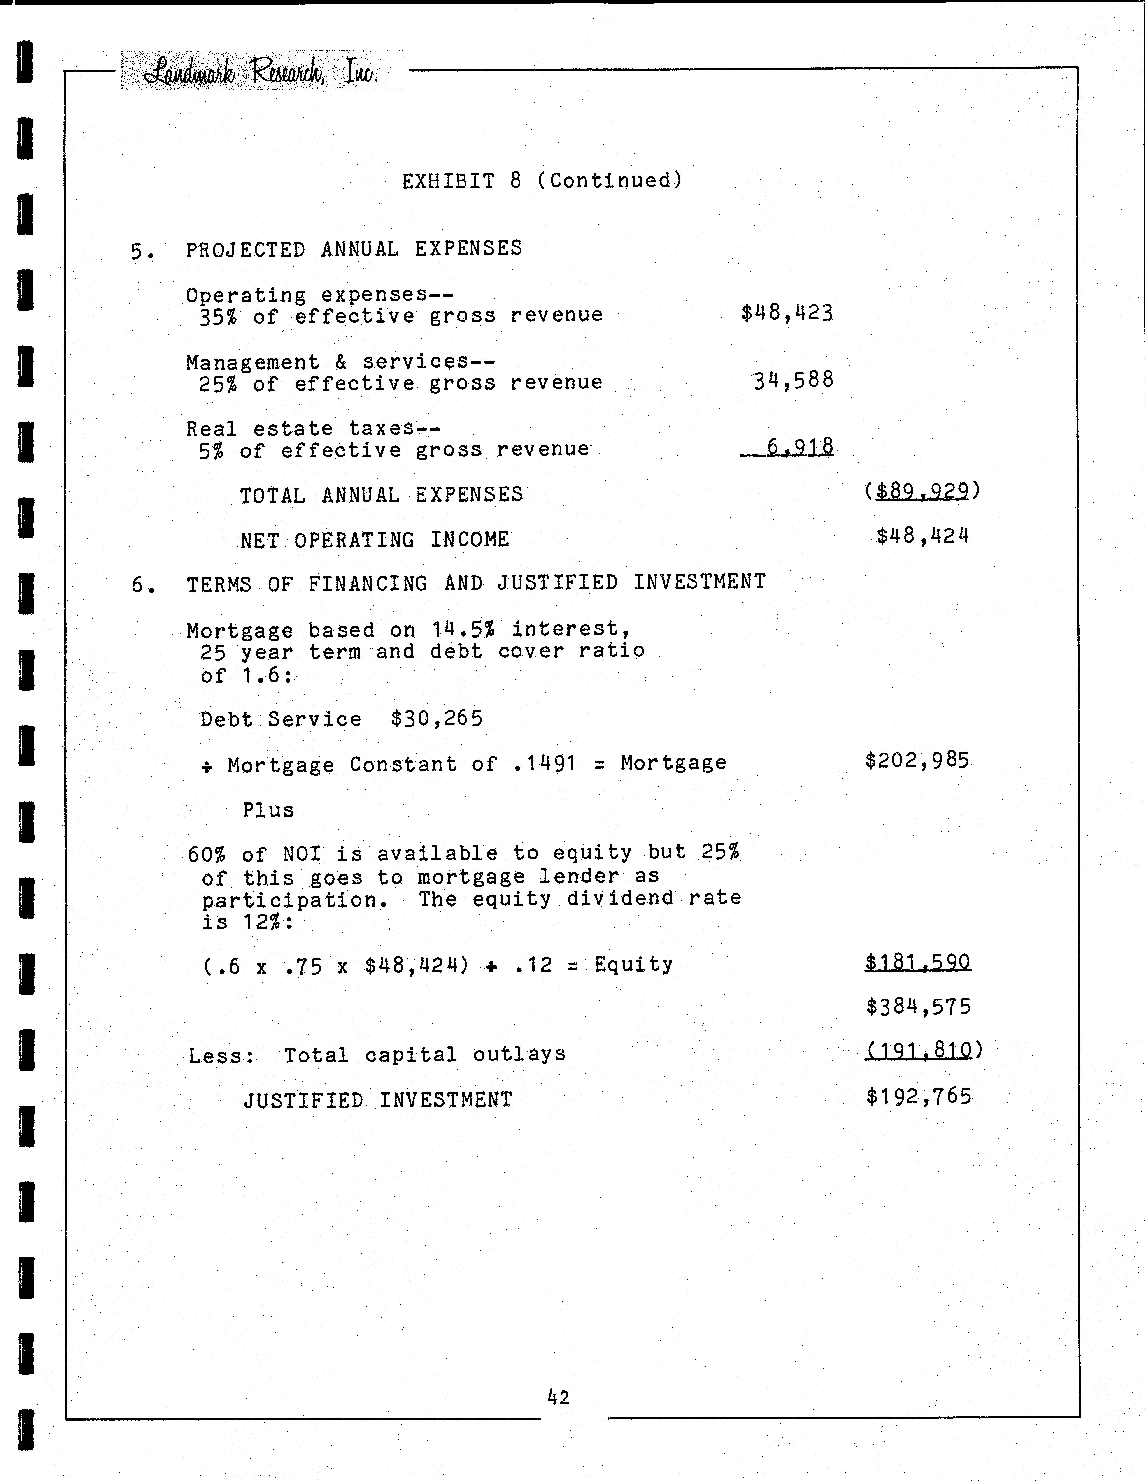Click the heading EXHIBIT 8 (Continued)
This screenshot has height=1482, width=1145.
click(542, 181)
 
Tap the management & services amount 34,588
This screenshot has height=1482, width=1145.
click(793, 380)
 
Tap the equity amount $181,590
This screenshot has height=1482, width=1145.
click(918, 962)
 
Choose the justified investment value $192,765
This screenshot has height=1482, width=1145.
click(918, 1096)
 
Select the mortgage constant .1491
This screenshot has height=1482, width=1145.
click(542, 763)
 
